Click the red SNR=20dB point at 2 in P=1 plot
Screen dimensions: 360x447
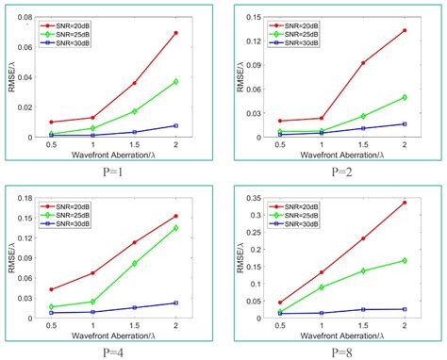tap(175, 33)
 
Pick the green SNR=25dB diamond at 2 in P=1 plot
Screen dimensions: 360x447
tap(175, 82)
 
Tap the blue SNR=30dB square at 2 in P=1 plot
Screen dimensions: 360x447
tap(175, 125)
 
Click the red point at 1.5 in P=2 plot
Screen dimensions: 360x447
tap(362, 63)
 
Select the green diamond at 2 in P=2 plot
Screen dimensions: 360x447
tap(405, 97)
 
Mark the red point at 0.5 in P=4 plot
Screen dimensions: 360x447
tap(50, 289)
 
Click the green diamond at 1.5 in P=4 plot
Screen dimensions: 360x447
tap(134, 263)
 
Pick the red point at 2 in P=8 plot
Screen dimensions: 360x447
tap(405, 203)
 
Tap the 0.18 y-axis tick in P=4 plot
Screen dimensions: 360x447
tap(29, 197)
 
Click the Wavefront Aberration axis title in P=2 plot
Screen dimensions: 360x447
tap(341, 156)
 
